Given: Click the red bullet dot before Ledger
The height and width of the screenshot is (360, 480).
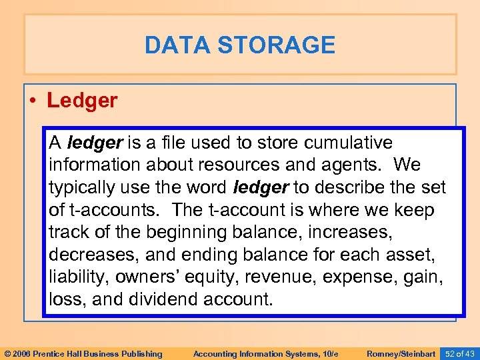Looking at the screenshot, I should click(33, 101).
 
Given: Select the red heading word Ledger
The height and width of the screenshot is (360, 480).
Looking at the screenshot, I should click(82, 101).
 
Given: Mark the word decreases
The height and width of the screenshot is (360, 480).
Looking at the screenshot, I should click(91, 255).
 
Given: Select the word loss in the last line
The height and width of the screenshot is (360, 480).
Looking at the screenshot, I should click(65, 300).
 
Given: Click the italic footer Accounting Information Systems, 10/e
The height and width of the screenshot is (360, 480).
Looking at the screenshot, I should click(256, 353).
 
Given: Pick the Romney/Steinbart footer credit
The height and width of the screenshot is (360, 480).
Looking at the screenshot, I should click(400, 353).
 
